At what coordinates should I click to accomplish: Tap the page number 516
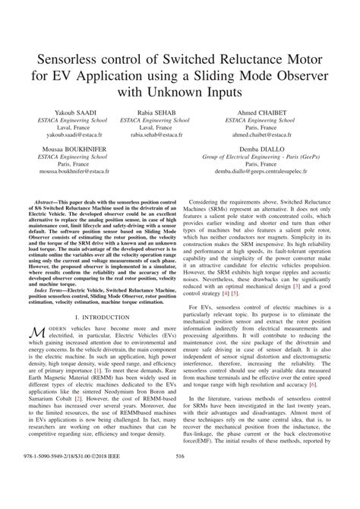[180, 498]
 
